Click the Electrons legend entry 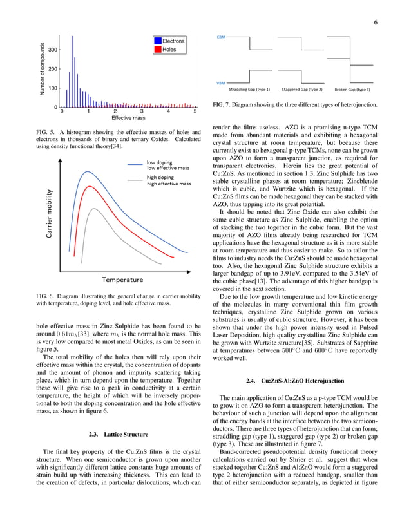click(x=173, y=41)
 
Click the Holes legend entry click(x=169, y=50)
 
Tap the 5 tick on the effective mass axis click(x=194, y=111)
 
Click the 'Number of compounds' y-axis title click(x=43, y=70)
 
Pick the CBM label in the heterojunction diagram click(x=220, y=38)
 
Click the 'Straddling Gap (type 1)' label click(x=250, y=90)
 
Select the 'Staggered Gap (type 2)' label click(x=302, y=90)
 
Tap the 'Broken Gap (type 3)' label click(x=352, y=90)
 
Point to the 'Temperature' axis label click(x=122, y=280)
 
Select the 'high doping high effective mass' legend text click(x=169, y=180)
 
